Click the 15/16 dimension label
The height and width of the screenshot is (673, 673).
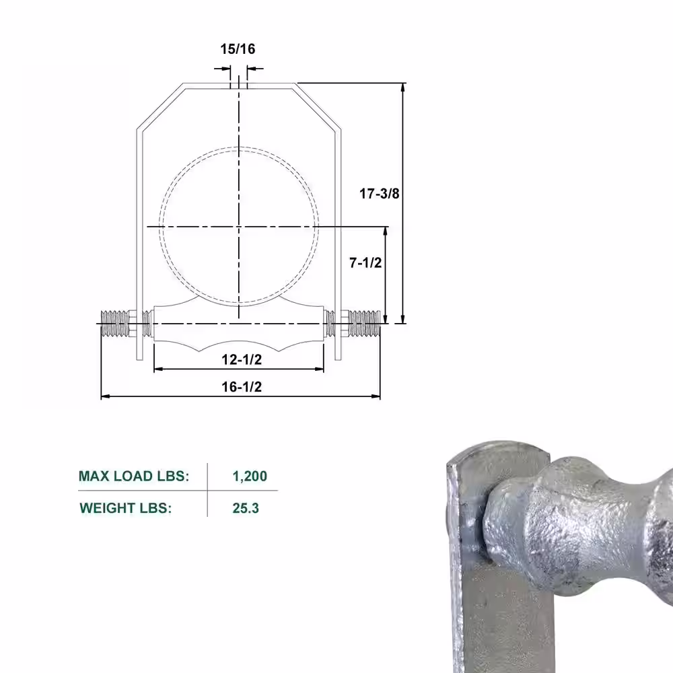[238, 49]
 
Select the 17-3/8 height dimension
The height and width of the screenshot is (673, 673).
[380, 194]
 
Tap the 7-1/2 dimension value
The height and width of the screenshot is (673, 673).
[365, 262]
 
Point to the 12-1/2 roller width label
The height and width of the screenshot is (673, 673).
[242, 359]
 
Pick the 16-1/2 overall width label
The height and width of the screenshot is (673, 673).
[242, 387]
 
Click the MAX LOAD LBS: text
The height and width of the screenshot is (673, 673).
[134, 476]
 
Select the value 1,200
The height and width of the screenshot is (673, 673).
[250, 476]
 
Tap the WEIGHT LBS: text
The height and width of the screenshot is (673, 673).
[126, 508]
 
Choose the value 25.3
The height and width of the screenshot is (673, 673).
[246, 508]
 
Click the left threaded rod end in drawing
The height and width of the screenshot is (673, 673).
[114, 324]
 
